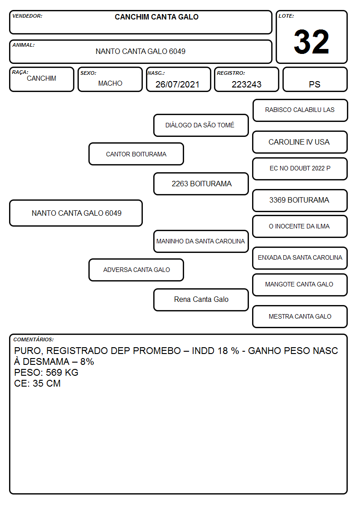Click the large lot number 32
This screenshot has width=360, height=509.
pos(311,42)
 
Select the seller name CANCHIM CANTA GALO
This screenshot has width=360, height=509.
pos(156,17)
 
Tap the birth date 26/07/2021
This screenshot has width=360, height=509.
pos(177,84)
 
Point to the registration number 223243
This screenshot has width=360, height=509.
pos(246,84)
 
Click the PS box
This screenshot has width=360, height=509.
pos(315,79)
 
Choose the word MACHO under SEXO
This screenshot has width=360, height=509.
pos(110,83)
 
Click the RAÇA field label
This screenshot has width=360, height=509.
pos(20,72)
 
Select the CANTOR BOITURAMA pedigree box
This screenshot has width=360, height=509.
pos(136,154)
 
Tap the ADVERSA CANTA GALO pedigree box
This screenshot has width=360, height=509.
pos(136,270)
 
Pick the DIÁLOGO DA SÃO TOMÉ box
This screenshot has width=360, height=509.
pos(201,125)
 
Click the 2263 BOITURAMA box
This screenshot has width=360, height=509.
pos(201,184)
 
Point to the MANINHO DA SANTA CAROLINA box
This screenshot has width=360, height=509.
pos(201,241)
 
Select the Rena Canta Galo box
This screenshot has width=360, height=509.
pos(201,300)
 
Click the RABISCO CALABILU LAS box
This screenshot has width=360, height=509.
pos(300,111)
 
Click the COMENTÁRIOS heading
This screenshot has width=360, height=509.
pos(34,339)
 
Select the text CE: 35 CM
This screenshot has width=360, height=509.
pos(37,383)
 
